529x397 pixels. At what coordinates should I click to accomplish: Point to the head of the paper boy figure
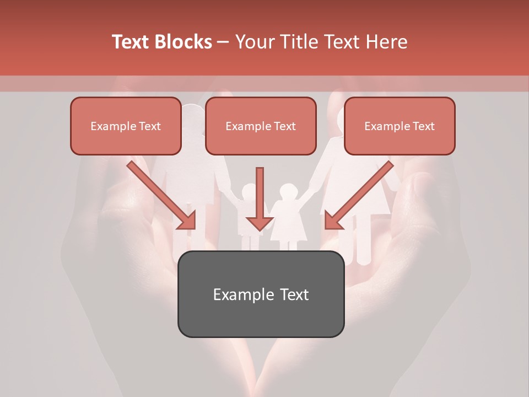tap(249, 191)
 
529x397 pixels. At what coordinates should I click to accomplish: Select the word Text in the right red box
tap(423, 126)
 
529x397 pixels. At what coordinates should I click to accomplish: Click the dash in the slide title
tap(224, 42)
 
